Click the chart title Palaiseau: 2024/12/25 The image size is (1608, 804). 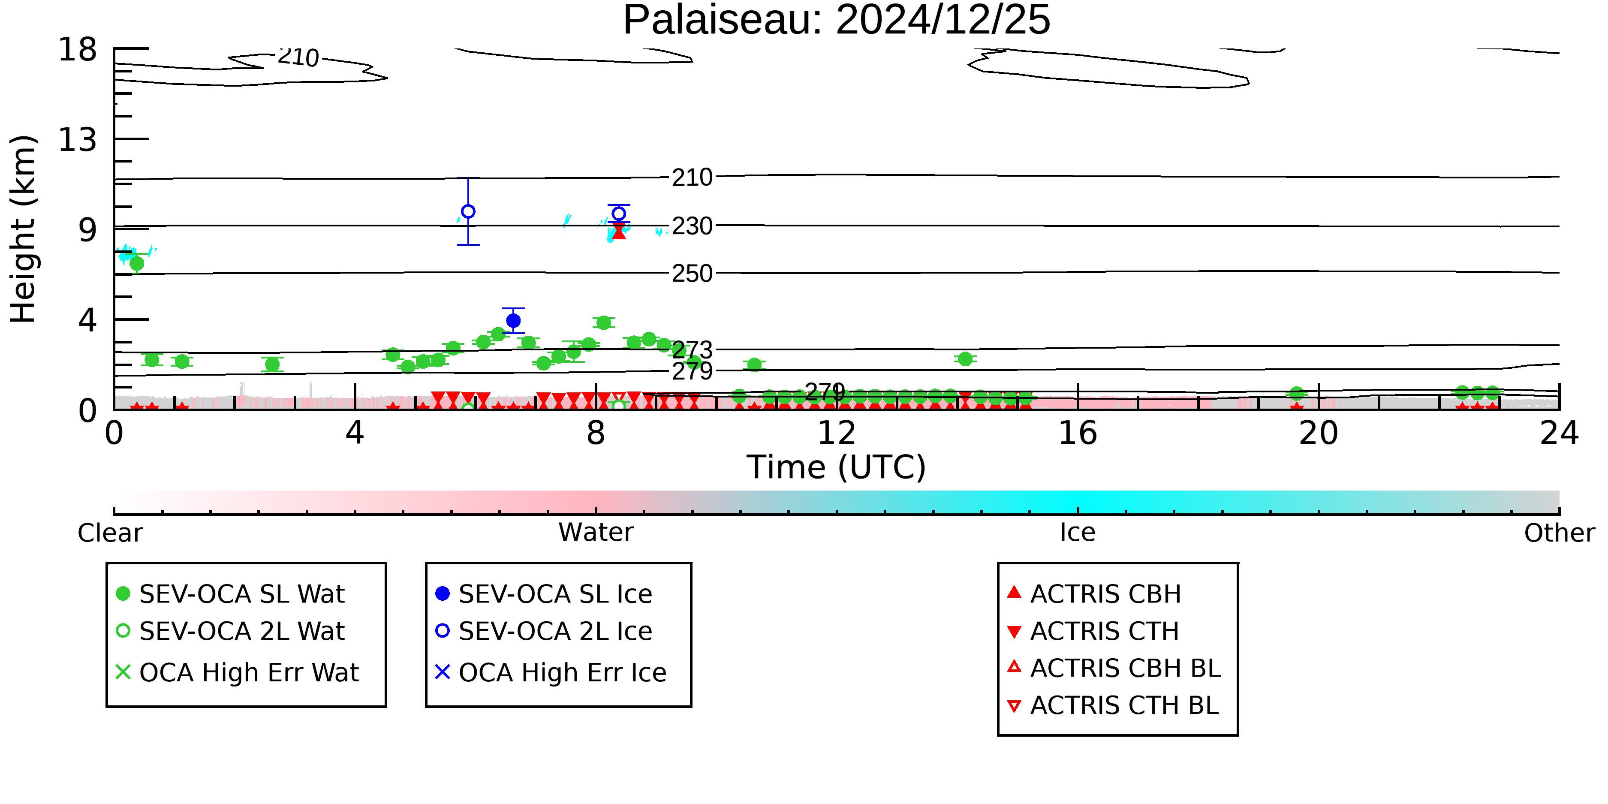(x=837, y=20)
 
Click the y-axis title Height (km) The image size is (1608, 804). (x=24, y=229)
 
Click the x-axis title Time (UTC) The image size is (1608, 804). (x=837, y=467)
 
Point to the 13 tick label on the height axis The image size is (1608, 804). (x=78, y=139)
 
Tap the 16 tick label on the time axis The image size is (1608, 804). (x=1078, y=433)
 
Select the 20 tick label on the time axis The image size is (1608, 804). (x=1319, y=433)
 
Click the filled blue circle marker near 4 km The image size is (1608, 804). (x=513, y=321)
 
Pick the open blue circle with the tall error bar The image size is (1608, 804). (x=468, y=211)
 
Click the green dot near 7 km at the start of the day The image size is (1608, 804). (x=137, y=263)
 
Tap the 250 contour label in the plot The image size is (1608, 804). (x=692, y=274)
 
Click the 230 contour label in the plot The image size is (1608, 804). (x=692, y=226)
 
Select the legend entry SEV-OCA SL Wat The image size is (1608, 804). (x=231, y=593)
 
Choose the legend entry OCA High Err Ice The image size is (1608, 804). (x=551, y=672)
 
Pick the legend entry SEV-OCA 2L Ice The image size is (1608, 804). (x=544, y=631)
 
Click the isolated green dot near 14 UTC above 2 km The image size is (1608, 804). (x=966, y=359)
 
